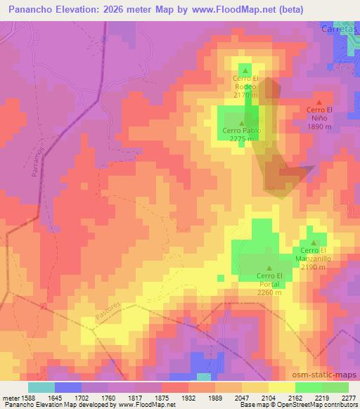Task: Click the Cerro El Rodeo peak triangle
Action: click(245, 70)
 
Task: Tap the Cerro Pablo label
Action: click(242, 131)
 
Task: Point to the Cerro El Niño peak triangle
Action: click(319, 103)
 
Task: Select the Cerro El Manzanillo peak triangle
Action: click(314, 243)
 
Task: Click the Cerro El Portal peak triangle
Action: click(269, 268)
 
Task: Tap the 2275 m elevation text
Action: click(242, 138)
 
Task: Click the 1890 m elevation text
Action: click(319, 128)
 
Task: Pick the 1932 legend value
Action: click(188, 397)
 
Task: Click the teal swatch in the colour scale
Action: click(41, 387)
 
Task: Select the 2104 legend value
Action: click(269, 397)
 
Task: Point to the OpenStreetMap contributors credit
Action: click(314, 405)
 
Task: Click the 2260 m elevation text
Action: click(269, 292)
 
